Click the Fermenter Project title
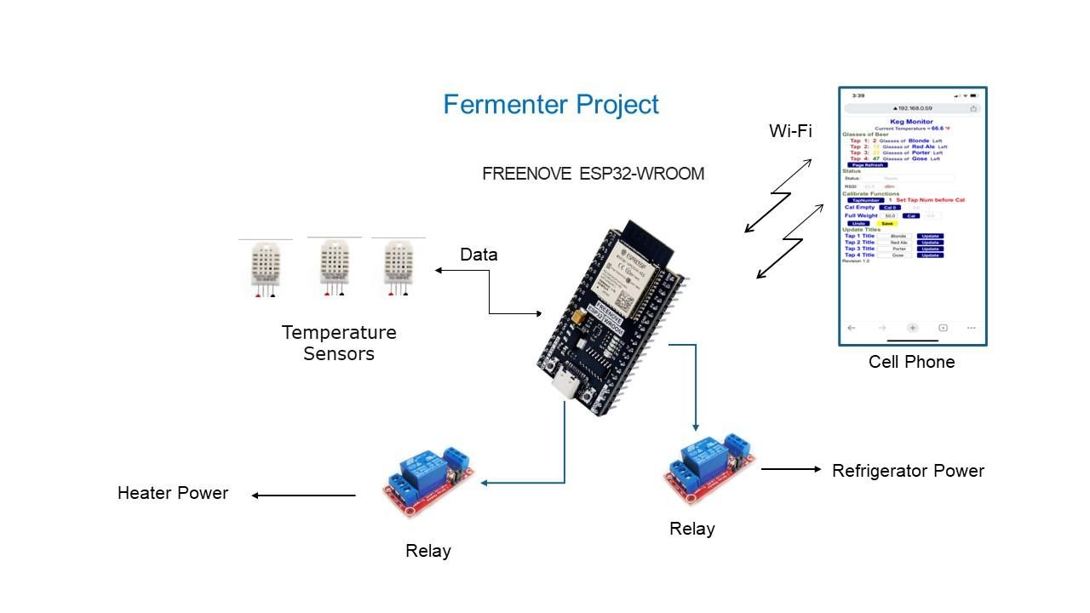[x=551, y=105]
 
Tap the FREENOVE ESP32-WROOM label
[x=593, y=174]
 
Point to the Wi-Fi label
[x=790, y=131]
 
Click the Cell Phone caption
[x=911, y=362]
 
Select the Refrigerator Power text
[x=908, y=471]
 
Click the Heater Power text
[x=173, y=493]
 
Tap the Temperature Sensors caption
[x=339, y=343]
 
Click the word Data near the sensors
[x=479, y=255]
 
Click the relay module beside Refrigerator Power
[x=709, y=467]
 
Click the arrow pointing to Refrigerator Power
[x=791, y=469]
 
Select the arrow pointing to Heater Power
[x=304, y=496]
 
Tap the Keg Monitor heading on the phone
[x=911, y=122]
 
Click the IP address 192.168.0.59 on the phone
[x=912, y=109]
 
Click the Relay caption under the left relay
[x=427, y=551]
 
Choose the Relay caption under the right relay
[x=691, y=529]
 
